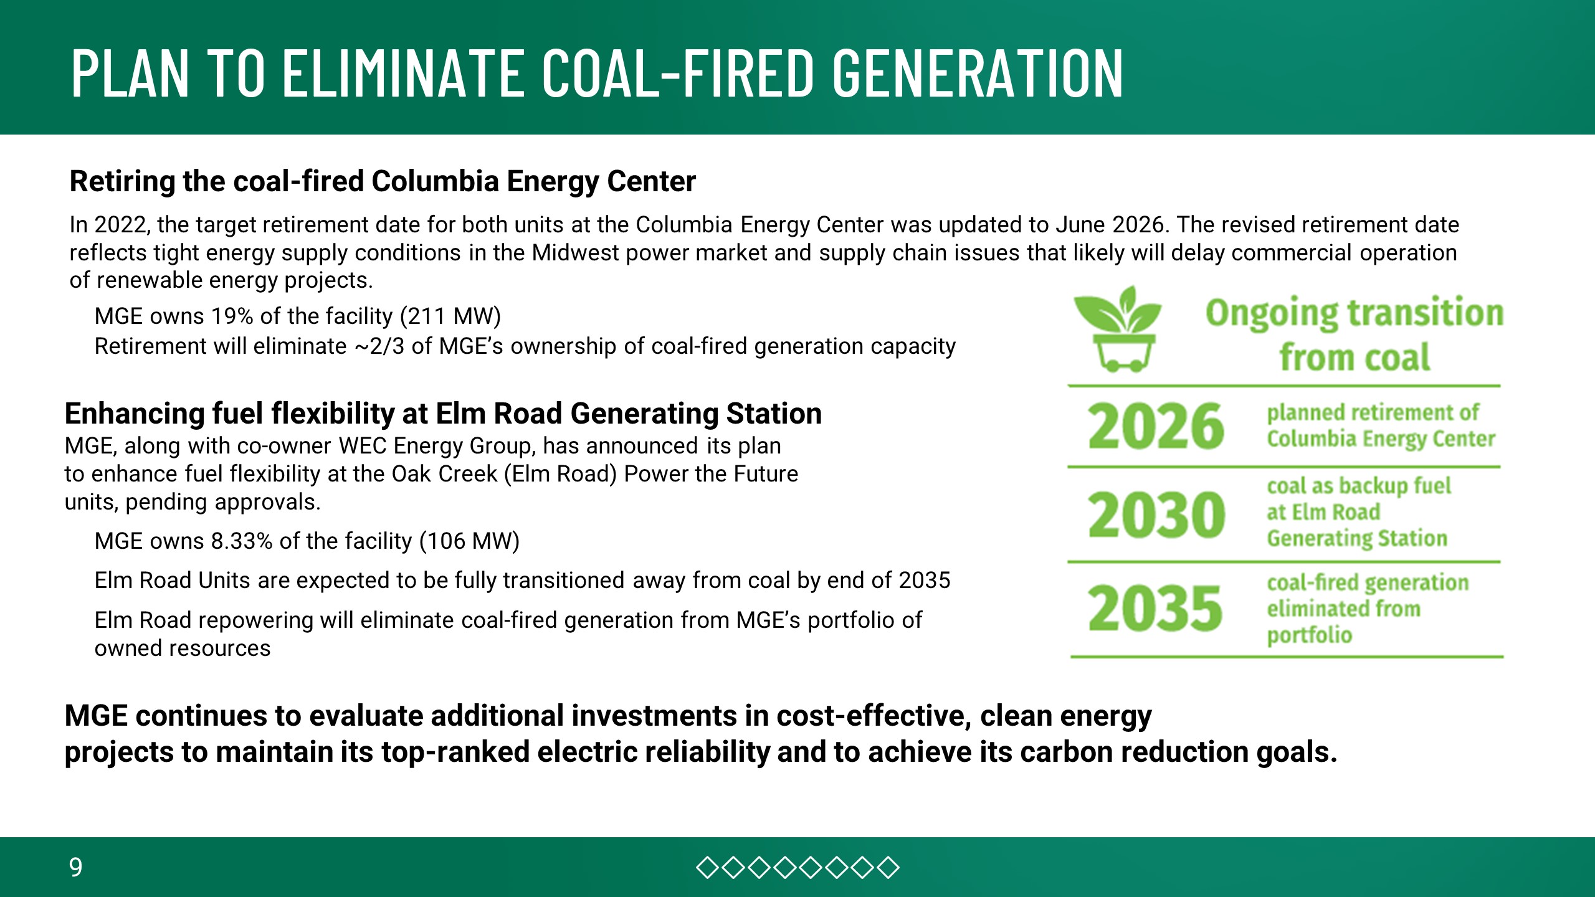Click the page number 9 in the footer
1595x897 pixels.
pyautogui.click(x=75, y=867)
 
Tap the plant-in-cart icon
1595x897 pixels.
pyautogui.click(x=1118, y=329)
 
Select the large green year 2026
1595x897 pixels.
pyautogui.click(x=1156, y=426)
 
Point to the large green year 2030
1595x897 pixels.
pyautogui.click(x=1156, y=515)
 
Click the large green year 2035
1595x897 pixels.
pyautogui.click(x=1155, y=607)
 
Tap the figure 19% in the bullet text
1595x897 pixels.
pyautogui.click(x=232, y=316)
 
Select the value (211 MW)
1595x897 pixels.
pyautogui.click(x=450, y=316)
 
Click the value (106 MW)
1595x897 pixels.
pyautogui.click(x=469, y=541)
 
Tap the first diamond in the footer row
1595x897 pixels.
pyautogui.click(x=707, y=868)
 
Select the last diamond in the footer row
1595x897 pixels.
pyautogui.click(x=888, y=868)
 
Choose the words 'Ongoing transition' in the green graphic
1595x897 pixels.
pyautogui.click(x=1355, y=313)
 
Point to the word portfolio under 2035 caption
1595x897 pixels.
pyautogui.click(x=1310, y=635)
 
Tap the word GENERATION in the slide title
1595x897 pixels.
pyautogui.click(x=978, y=73)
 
